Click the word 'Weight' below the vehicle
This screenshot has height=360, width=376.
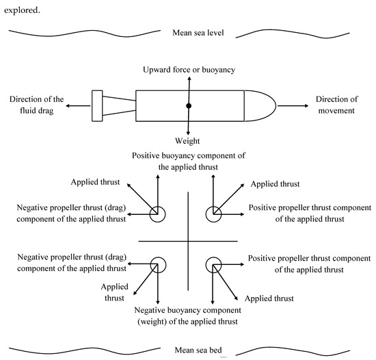coord(187,140)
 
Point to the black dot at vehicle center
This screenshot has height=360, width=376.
coord(188,106)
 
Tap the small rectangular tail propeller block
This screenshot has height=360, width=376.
coord(97,106)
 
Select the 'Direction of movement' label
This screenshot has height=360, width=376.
coord(336,106)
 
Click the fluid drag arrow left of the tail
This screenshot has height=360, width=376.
coord(79,106)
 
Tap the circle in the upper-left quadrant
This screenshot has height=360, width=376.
coord(159,214)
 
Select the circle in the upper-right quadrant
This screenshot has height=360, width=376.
coord(214,214)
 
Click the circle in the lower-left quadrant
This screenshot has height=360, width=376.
coord(159,266)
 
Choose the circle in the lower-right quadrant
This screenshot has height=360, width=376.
coord(214,266)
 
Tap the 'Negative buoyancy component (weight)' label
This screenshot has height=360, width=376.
coord(187,316)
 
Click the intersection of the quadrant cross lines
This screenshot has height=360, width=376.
coord(187,241)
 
